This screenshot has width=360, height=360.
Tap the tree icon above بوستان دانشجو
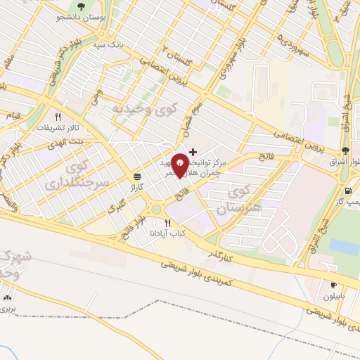[x=82, y=6]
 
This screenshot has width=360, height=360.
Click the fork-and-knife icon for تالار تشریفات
[x=59, y=117]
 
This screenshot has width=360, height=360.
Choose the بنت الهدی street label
[x=75, y=141]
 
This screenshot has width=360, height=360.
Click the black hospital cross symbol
[x=193, y=151]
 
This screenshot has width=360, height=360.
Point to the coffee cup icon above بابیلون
[x=333, y=285]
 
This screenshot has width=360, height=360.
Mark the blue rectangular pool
[x=344, y=247]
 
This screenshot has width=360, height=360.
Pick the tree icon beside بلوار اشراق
[x=345, y=150]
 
